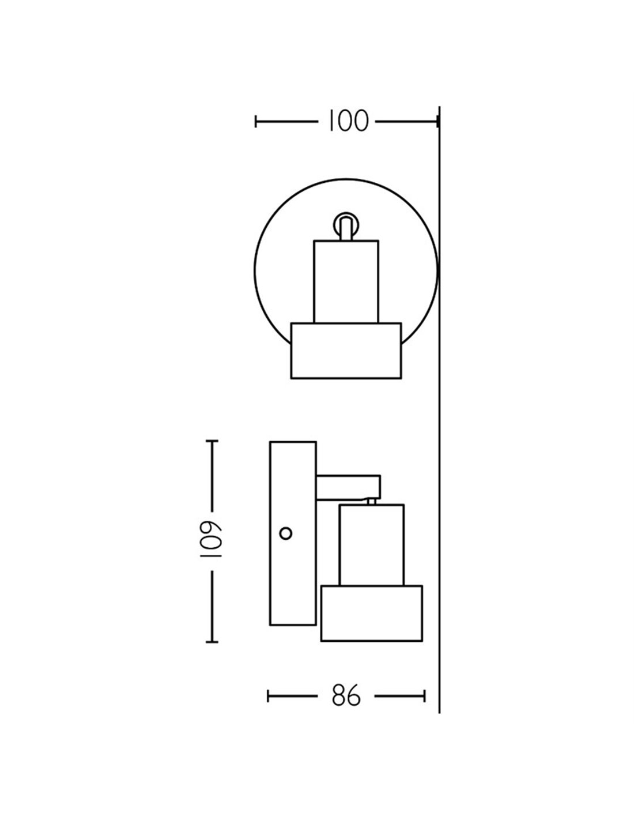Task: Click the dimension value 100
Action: pyautogui.click(x=349, y=121)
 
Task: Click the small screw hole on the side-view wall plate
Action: pyautogui.click(x=285, y=533)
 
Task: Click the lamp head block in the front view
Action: pyautogui.click(x=346, y=351)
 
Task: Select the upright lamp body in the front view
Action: pyautogui.click(x=346, y=281)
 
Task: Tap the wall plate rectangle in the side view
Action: pyautogui.click(x=293, y=533)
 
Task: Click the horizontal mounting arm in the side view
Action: pyautogui.click(x=348, y=487)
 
